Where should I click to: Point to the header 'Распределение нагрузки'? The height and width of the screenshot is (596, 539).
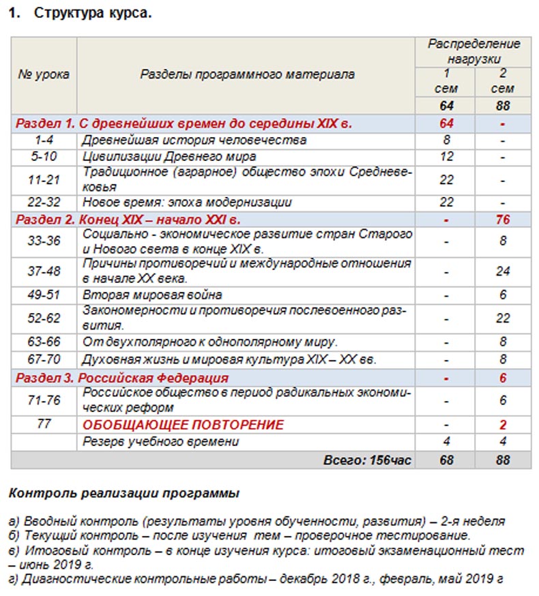point(474,51)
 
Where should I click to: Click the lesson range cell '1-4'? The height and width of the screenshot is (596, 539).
point(43,140)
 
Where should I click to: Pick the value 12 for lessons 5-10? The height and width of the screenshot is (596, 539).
point(446,157)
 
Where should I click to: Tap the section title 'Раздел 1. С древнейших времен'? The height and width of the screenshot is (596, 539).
point(184,124)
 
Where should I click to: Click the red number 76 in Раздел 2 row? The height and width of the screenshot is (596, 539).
point(504,220)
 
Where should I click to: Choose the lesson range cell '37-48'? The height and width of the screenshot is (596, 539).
point(43,271)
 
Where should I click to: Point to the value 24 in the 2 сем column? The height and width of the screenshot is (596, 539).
point(504,271)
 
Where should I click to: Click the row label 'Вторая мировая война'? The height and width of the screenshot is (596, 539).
point(152,295)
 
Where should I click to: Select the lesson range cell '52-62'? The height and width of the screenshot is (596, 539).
point(43,318)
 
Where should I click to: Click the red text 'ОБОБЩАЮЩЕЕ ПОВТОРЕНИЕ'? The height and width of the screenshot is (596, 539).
point(183,426)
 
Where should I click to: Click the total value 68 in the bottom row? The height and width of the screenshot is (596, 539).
point(446,460)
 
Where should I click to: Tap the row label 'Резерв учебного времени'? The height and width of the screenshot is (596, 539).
point(161,442)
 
